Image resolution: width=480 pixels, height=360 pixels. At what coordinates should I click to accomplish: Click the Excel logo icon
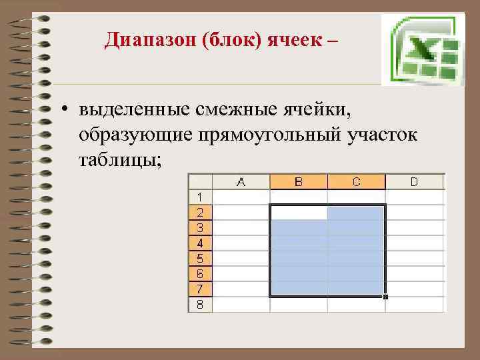pyautogui.click(x=423, y=49)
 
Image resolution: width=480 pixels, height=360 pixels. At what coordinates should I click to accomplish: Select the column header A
pyautogui.click(x=241, y=181)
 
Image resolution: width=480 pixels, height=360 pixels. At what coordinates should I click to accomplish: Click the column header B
pyautogui.click(x=299, y=181)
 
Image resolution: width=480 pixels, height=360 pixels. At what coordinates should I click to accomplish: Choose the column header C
pyautogui.click(x=357, y=181)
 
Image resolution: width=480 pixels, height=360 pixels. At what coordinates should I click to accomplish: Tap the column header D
pyautogui.click(x=415, y=181)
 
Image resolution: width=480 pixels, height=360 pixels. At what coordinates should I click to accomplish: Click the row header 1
pyautogui.click(x=200, y=196)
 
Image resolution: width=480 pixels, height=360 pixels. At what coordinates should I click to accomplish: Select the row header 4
pyautogui.click(x=200, y=242)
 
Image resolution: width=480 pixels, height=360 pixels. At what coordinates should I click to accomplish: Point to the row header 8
pyautogui.click(x=200, y=305)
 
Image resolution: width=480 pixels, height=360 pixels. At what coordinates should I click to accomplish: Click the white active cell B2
pyautogui.click(x=299, y=213)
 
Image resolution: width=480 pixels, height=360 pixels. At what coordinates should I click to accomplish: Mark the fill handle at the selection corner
pyautogui.click(x=385, y=297)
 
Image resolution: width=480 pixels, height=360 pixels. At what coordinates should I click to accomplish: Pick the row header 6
pyautogui.click(x=200, y=273)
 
